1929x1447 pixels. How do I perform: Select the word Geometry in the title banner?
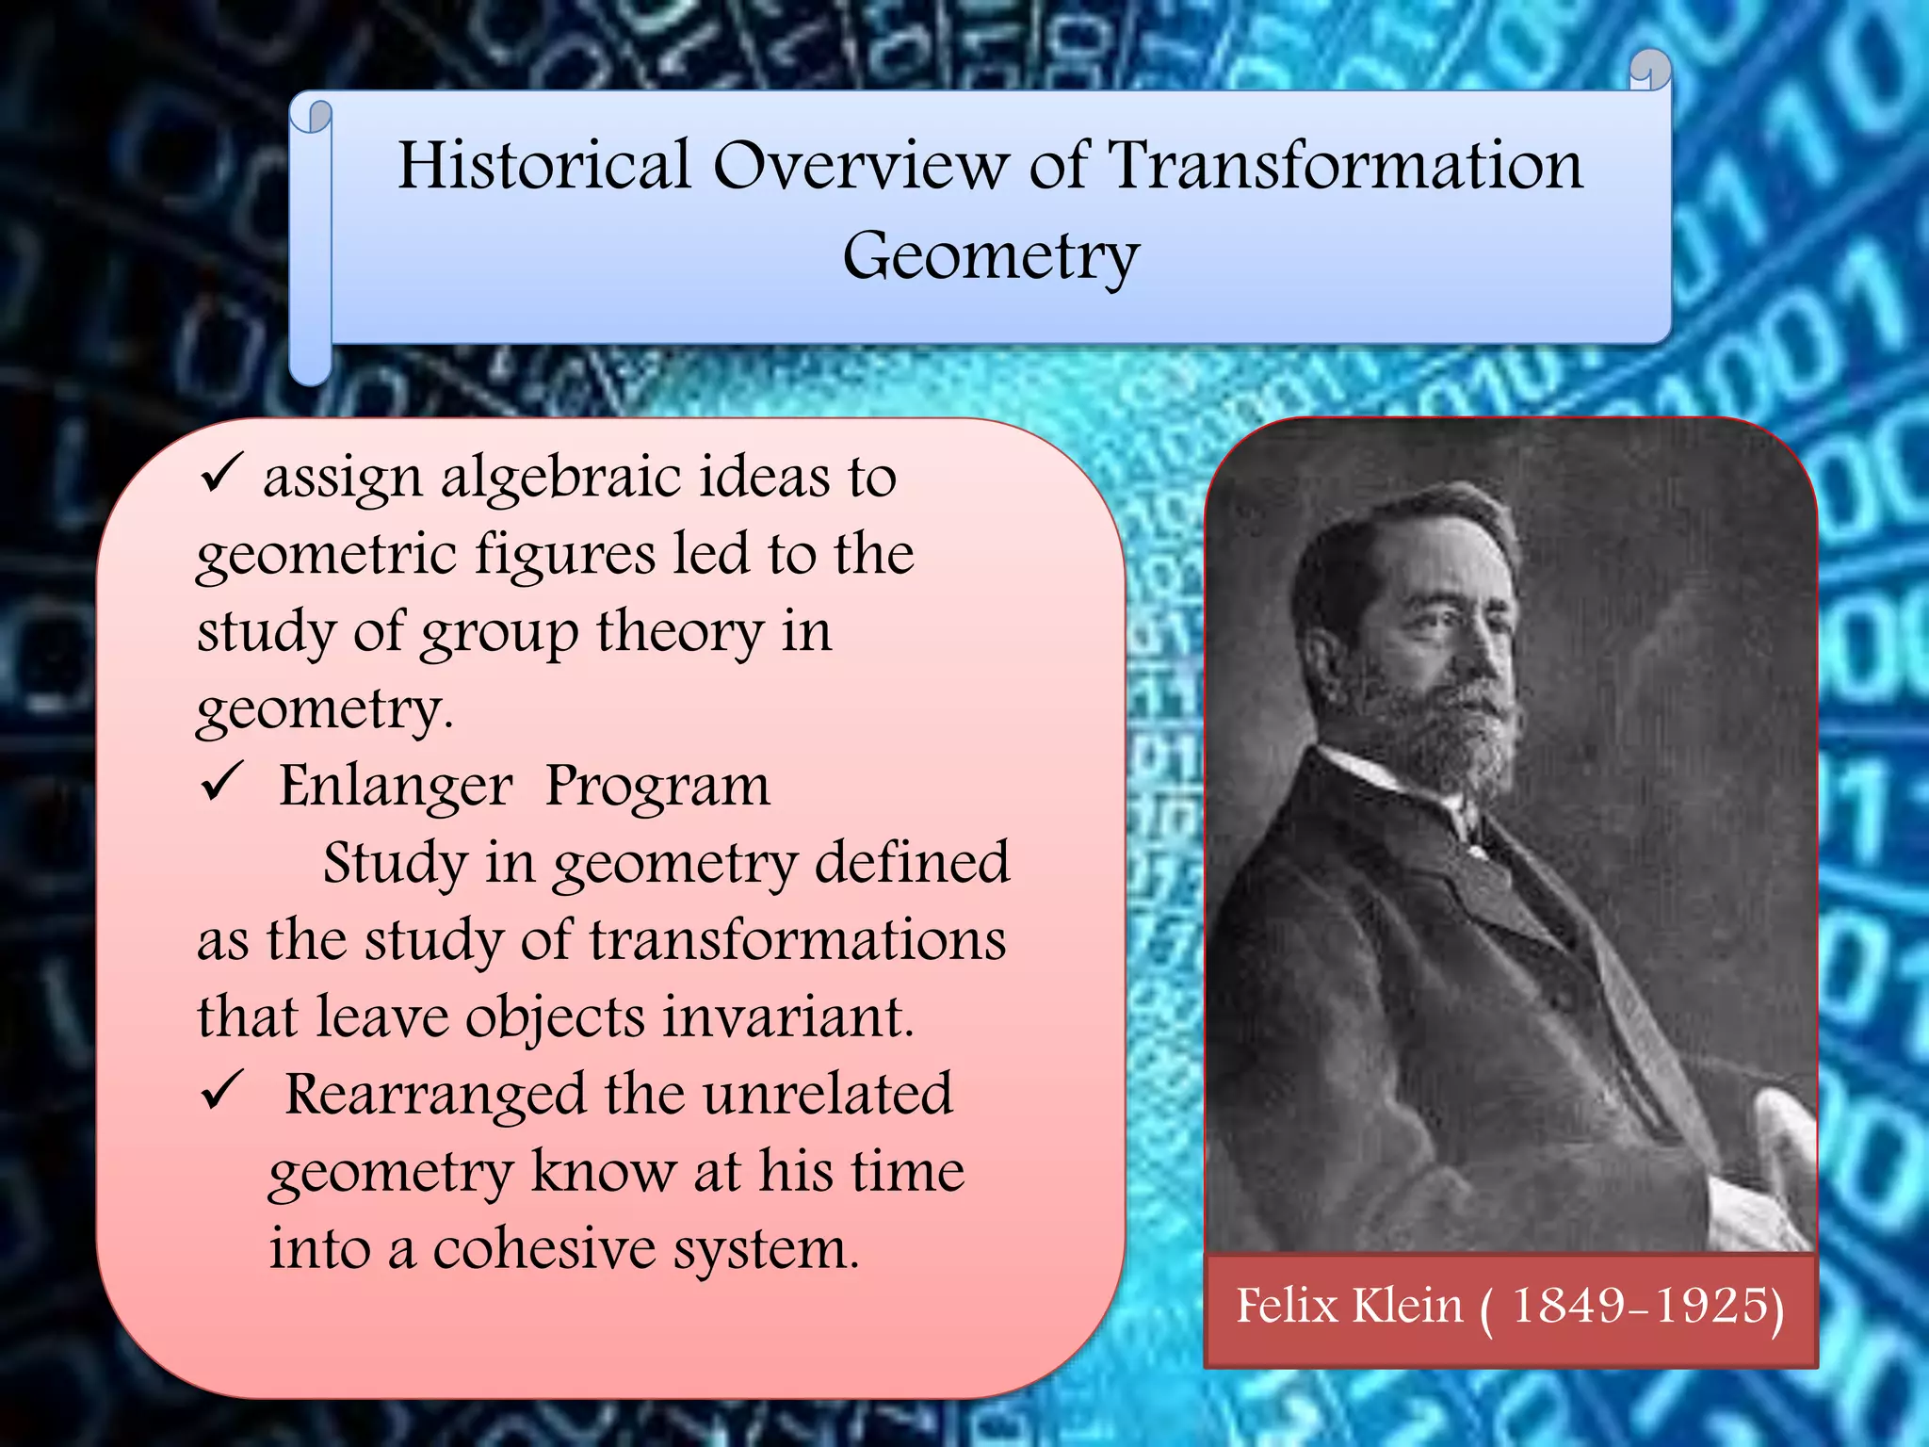[991, 256]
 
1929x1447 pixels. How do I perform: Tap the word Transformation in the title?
[1344, 166]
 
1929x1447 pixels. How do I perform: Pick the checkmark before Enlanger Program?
[221, 781]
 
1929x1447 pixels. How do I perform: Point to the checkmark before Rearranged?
[221, 1090]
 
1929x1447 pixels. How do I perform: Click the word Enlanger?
[396, 786]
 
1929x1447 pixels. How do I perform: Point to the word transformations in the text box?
[798, 940]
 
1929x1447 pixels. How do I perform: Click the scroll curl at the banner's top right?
[1650, 72]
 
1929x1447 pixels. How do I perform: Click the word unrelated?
[827, 1095]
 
